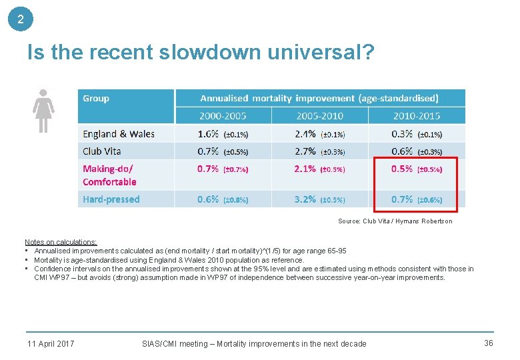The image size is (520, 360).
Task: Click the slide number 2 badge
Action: [x=21, y=19]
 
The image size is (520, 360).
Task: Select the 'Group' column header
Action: [x=96, y=99]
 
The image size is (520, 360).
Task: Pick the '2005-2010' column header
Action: [x=319, y=116]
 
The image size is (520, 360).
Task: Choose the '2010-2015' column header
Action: [x=416, y=116]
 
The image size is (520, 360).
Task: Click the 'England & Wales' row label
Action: [x=119, y=134]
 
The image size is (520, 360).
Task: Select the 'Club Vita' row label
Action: [x=102, y=151]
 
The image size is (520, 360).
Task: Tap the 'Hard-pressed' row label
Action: [x=111, y=199]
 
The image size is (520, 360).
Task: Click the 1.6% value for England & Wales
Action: [x=208, y=134]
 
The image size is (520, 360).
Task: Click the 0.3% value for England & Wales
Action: [x=402, y=134]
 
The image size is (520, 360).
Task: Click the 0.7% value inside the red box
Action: [x=402, y=199]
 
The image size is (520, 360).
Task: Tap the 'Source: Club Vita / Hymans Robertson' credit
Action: [x=395, y=221]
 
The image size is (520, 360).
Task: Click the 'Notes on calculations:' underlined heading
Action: [x=61, y=242]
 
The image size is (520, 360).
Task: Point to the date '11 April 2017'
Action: [x=51, y=344]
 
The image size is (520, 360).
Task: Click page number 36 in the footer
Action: [x=488, y=343]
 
